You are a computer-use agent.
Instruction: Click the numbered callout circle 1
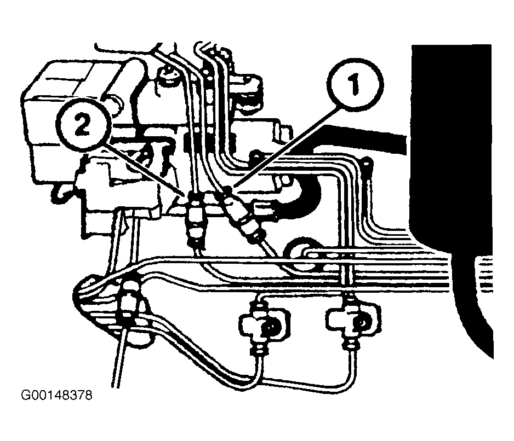coord(355,84)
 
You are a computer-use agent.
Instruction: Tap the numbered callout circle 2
coord(83,125)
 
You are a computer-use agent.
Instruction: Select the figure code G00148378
coord(57,395)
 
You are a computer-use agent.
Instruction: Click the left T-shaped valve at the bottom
coord(262,323)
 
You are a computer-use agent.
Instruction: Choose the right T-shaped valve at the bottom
coord(354,320)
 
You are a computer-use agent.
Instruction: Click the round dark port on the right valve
coord(362,323)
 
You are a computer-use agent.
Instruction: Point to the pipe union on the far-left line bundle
coord(129,300)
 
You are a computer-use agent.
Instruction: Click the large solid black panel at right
coord(453,196)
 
